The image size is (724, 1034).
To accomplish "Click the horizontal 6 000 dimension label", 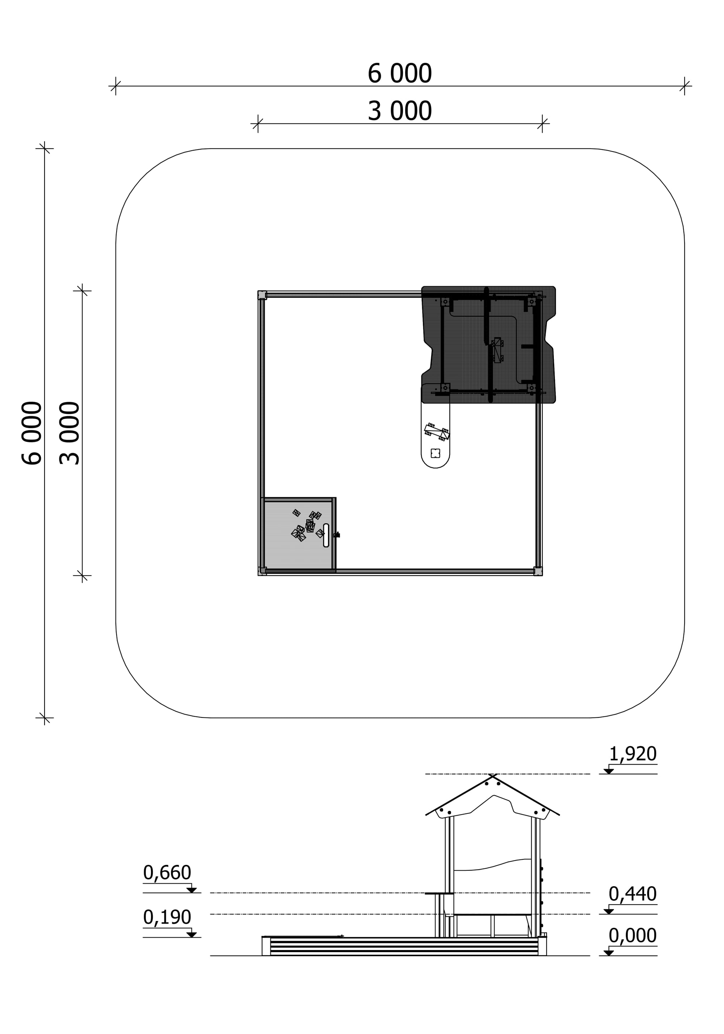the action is coord(399,74).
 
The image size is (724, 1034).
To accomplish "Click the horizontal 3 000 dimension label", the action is coord(399,111).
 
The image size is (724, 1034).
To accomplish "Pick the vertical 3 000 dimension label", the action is coord(70,433).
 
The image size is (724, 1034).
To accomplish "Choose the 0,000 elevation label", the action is coord(633,935).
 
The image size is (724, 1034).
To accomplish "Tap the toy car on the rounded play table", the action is coord(437,431).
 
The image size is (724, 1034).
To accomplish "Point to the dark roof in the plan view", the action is coord(489,344).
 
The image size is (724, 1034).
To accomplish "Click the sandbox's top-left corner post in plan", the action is coord(262,295).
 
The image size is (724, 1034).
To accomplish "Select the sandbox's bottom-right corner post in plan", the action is coord(538,571).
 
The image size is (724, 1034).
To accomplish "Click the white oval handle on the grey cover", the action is coord(326,535).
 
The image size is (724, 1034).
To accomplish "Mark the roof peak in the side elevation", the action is coord(493,775).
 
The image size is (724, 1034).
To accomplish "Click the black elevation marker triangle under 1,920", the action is coord(609,771).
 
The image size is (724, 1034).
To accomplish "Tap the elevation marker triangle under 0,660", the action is coord(191,890).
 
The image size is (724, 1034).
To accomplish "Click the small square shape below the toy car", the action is coord(435,453).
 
